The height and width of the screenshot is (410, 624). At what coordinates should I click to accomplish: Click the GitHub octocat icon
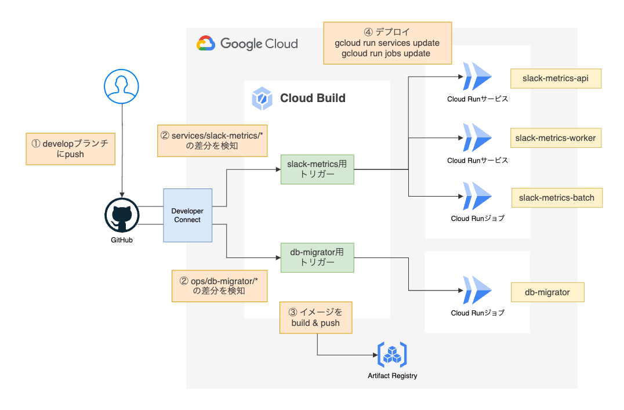click(x=122, y=215)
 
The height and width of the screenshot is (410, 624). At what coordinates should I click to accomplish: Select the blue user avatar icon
click(x=122, y=88)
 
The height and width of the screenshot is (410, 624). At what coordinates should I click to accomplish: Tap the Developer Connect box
click(x=187, y=215)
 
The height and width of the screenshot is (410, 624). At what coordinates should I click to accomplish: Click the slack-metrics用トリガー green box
click(x=317, y=169)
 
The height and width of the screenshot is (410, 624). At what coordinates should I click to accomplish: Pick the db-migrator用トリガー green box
click(x=317, y=257)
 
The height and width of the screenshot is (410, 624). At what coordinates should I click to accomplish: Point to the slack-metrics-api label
click(x=556, y=78)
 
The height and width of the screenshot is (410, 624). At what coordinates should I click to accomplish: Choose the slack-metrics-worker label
click(x=556, y=138)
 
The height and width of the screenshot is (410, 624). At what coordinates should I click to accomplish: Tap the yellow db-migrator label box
click(x=547, y=292)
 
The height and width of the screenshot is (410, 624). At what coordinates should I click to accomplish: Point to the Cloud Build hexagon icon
click(x=262, y=99)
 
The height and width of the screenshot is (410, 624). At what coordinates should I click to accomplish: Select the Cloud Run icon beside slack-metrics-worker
click(x=477, y=138)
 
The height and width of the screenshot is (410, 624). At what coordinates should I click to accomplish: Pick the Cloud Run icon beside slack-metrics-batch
click(x=477, y=197)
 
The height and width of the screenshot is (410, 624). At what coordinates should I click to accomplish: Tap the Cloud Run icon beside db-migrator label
click(x=477, y=292)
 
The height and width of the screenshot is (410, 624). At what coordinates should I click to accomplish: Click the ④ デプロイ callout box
click(x=387, y=43)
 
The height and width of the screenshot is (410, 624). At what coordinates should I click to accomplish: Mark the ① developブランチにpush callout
click(x=71, y=149)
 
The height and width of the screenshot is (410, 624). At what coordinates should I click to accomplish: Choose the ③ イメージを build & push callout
click(x=316, y=317)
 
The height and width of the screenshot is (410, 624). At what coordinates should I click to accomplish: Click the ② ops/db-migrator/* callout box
click(x=219, y=285)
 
